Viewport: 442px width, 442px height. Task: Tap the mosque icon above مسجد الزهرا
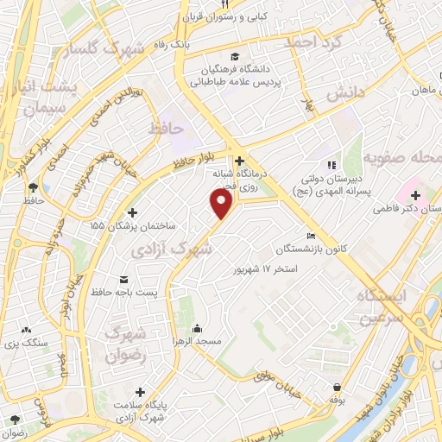[198, 327]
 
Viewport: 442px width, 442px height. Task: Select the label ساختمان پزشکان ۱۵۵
[133, 225]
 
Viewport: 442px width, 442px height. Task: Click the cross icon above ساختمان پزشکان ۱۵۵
[132, 212]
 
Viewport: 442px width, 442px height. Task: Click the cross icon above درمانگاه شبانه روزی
[239, 161]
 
